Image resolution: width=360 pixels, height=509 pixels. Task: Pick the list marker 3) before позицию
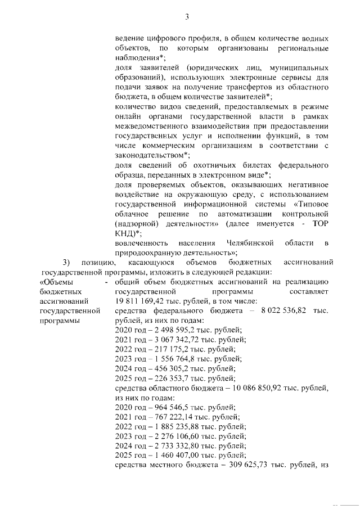coord(66,262)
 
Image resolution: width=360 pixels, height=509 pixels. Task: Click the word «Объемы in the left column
coord(56,282)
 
